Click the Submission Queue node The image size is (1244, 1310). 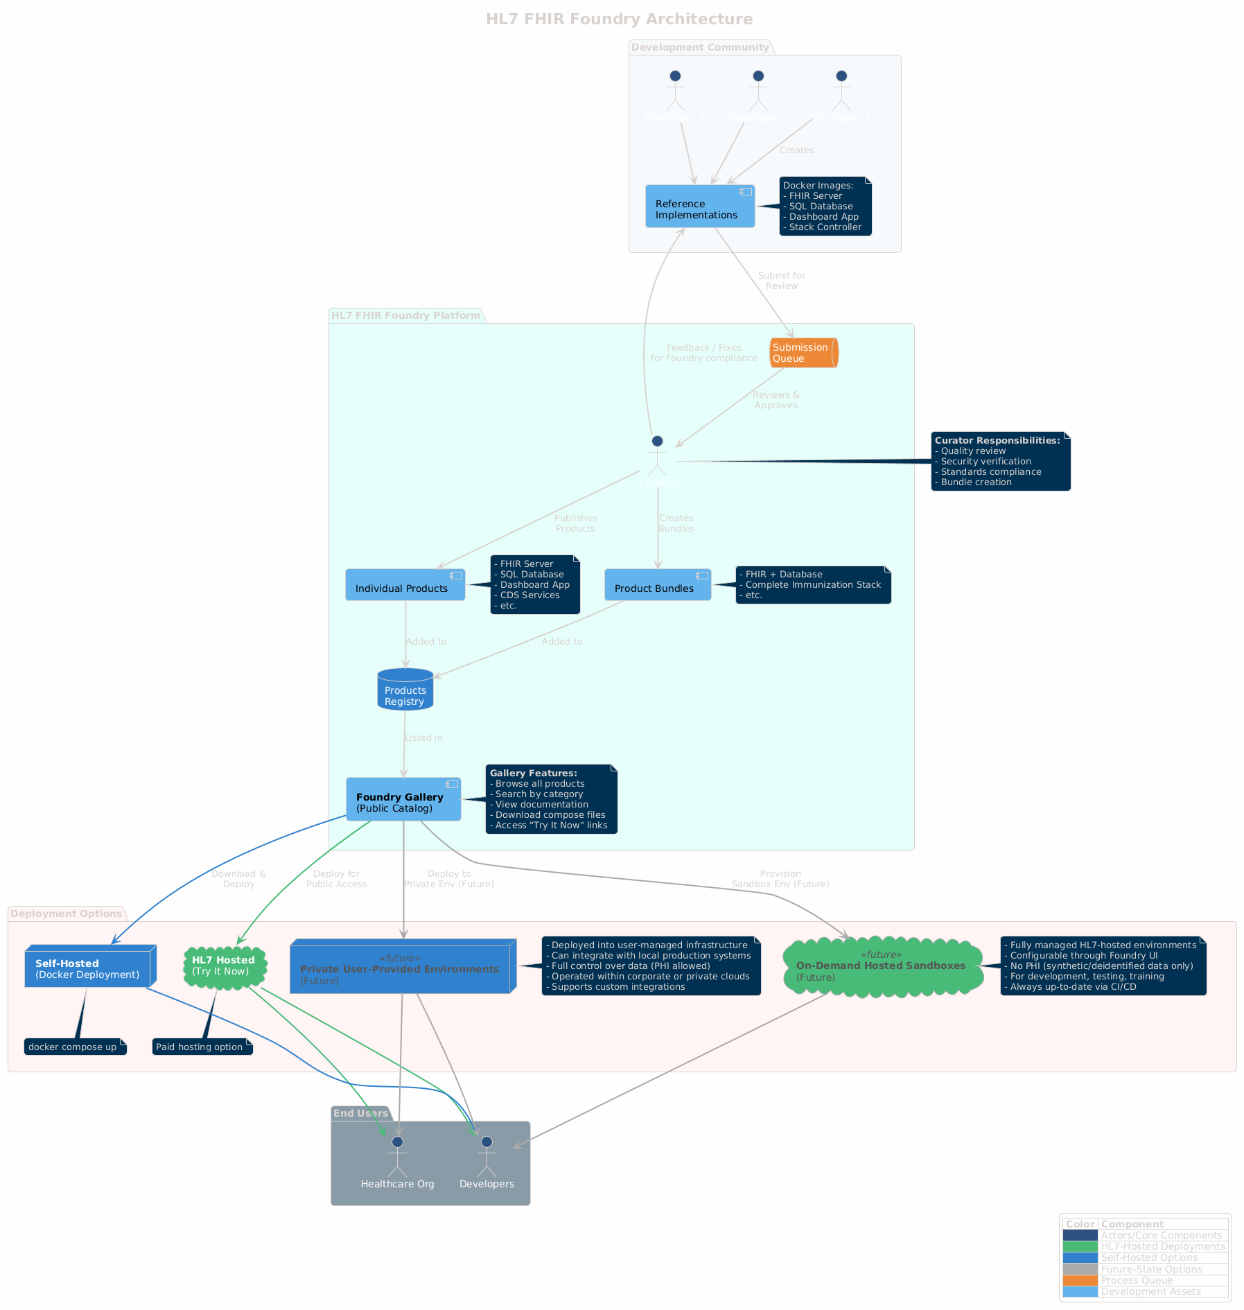pos(803,353)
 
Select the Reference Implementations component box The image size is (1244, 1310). pos(699,207)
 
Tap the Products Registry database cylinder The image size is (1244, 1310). pos(405,690)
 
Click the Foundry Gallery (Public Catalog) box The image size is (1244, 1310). pos(403,799)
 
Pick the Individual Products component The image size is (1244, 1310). pos(405,585)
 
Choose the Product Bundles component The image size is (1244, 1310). pos(657,585)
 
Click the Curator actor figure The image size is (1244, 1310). pos(658,457)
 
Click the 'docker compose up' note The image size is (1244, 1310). pos(75,1047)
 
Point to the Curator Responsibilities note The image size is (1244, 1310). pos(1000,461)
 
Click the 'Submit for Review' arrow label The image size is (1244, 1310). pos(781,281)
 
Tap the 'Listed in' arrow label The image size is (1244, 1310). pos(423,738)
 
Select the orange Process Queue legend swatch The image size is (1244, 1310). pos(1080,1280)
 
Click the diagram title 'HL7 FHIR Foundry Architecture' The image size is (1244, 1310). pos(619,19)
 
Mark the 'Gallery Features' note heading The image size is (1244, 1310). pos(533,773)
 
